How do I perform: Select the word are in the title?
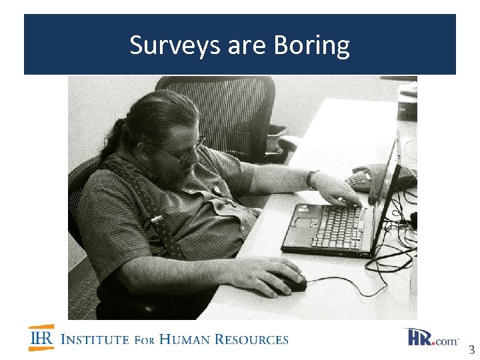246,46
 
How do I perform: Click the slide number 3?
471,349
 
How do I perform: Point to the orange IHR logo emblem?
41,338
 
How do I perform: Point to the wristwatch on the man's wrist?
311,179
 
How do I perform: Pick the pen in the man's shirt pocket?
156,218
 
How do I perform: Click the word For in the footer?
145,339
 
